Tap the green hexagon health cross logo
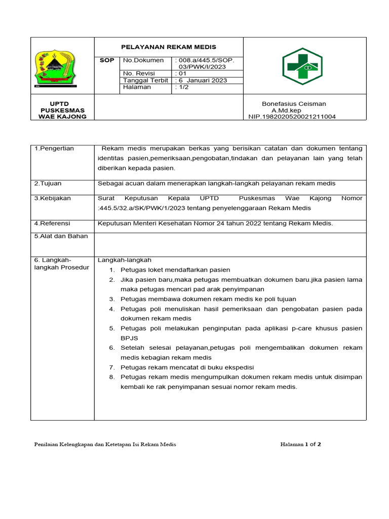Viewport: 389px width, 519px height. point(302,66)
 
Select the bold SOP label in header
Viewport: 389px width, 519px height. point(107,60)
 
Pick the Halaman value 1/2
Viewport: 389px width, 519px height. point(182,87)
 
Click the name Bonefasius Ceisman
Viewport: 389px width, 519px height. point(294,104)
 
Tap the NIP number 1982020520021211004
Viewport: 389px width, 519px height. point(292,117)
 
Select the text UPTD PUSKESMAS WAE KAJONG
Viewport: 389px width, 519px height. point(62,110)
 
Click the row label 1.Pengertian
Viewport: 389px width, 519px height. point(54,149)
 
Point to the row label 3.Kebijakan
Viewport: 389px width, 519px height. point(53,198)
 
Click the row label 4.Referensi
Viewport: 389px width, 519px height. point(52,223)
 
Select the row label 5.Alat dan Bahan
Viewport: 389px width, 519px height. point(61,236)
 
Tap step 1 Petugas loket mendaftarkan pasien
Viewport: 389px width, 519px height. point(175,270)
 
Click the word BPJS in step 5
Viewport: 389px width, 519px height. point(129,338)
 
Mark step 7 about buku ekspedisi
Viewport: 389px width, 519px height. point(187,367)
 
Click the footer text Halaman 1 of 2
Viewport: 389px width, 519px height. point(300,444)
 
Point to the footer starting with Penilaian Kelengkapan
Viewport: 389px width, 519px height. point(105,444)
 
